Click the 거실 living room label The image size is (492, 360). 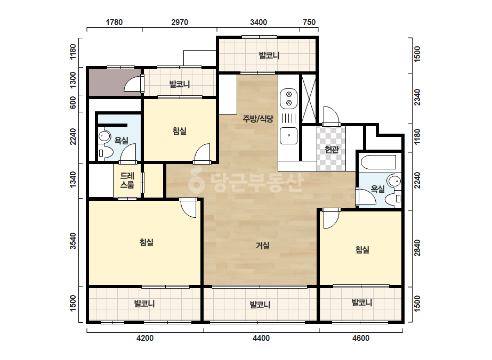tap(263, 245)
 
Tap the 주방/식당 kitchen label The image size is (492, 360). tap(258, 119)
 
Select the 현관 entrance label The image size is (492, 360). tap(332, 149)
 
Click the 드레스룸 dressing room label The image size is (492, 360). tap(127, 181)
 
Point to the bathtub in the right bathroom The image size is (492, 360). tap(378, 162)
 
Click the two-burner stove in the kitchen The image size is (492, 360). tap(289, 99)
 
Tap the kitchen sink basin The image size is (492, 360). tap(289, 135)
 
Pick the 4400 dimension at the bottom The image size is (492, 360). tap(261, 338)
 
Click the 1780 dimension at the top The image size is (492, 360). tap(114, 22)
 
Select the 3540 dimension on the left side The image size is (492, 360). tap(73, 241)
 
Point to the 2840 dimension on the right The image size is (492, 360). tap(417, 248)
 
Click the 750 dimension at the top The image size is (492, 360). tap(309, 22)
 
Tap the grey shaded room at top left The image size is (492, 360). tap(115, 82)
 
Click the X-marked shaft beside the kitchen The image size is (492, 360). tap(309, 99)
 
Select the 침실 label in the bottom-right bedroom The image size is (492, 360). tap(362, 250)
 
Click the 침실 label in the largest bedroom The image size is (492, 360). tap(146, 242)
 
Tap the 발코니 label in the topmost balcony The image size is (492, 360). tap(269, 55)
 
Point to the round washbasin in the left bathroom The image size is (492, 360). tap(104, 136)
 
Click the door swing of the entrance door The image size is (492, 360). tap(332, 114)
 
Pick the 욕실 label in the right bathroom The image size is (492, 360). tap(377, 189)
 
